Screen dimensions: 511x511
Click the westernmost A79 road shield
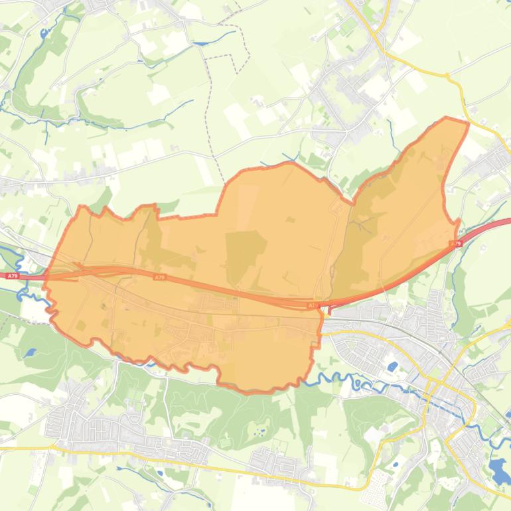(x=11, y=275)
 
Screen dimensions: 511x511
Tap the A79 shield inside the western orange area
(x=159, y=277)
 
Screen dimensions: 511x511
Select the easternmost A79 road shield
(x=456, y=244)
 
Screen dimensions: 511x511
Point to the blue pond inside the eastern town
(x=393, y=366)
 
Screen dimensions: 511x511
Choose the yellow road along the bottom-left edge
(x=27, y=448)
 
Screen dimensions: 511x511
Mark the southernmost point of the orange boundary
(x=252, y=392)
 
